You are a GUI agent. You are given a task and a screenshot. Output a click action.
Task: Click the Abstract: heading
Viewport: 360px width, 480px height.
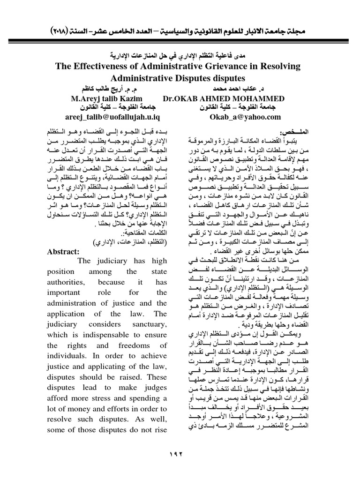64,251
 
